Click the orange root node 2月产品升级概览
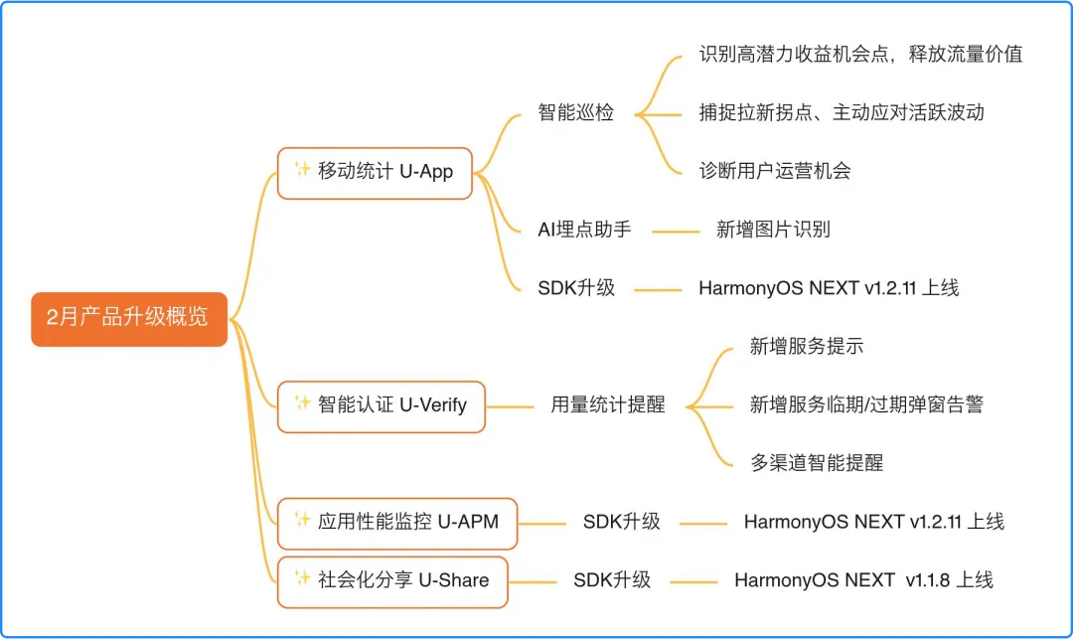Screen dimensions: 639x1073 coord(129,319)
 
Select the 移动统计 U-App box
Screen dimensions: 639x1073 coord(375,172)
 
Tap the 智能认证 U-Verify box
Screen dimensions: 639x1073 coord(382,405)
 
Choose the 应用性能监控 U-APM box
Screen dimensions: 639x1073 coord(397,523)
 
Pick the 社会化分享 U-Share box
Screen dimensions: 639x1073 coord(392,581)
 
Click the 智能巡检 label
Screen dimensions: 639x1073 coord(576,112)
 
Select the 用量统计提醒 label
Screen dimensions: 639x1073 coord(608,405)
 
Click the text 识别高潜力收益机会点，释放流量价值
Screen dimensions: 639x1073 coord(860,55)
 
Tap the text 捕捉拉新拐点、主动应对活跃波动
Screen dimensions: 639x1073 coord(842,112)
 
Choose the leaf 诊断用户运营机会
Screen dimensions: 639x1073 coord(775,171)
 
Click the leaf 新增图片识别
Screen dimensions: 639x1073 coord(773,230)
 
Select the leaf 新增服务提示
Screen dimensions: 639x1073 coord(807,347)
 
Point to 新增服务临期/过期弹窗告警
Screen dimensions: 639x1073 coord(866,405)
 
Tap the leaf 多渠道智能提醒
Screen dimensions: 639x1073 coord(817,463)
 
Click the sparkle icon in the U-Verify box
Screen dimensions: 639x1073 coord(302,402)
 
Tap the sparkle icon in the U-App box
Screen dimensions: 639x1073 coord(302,169)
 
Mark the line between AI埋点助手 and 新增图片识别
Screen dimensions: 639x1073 coord(676,232)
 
